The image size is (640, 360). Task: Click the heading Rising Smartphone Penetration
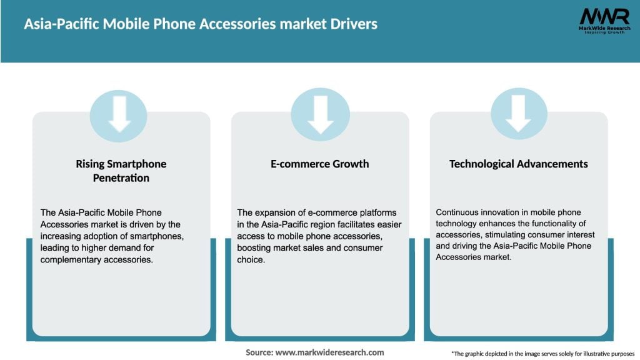coord(121,171)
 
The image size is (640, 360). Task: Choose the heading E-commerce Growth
coord(320,164)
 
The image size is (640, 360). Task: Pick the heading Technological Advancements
coord(518,164)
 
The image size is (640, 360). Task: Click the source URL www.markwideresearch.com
coord(329,352)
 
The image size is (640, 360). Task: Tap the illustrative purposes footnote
coord(542,353)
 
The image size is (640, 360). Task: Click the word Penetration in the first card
coord(121,178)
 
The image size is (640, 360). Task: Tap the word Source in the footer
coord(258,352)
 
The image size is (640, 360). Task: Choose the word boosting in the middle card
coord(256,248)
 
